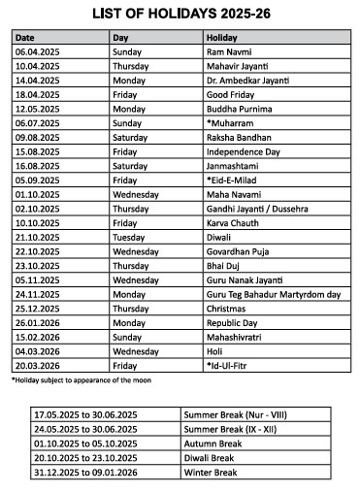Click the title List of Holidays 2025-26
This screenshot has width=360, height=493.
coord(180,14)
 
